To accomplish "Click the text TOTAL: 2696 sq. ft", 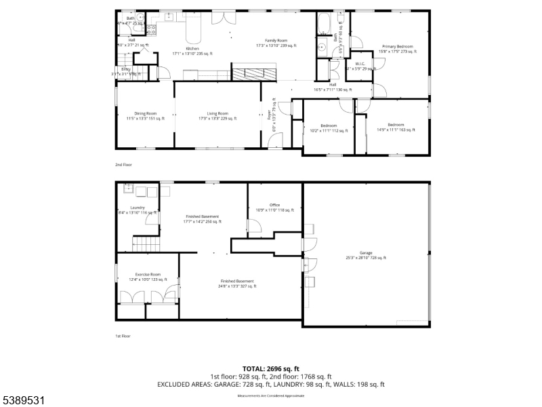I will coord(271,368).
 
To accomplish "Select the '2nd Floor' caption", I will coord(123,165).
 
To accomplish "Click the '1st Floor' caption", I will coord(123,336).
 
